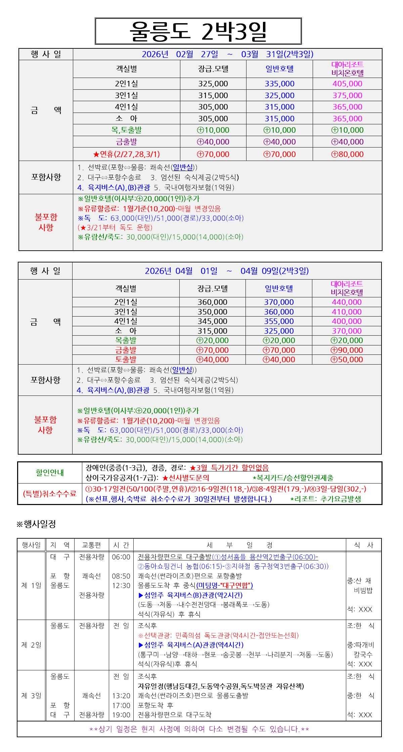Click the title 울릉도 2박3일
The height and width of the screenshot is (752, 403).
coord(198,31)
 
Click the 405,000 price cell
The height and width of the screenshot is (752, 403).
coord(347,84)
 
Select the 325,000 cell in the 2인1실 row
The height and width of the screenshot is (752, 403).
coord(213,84)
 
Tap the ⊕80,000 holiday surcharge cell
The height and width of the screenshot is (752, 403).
coord(347,154)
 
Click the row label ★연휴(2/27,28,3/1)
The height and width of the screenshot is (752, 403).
coord(126,154)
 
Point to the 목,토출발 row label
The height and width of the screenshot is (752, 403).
coord(126,130)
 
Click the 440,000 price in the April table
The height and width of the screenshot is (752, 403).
coord(347,302)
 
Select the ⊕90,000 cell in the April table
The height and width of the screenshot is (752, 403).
coord(347,350)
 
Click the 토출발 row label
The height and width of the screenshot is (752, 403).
coord(126,360)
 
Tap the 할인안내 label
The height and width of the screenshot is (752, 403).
coord(50,473)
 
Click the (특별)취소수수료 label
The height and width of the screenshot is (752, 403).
coord(50,494)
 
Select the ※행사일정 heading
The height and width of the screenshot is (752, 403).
coord(36,524)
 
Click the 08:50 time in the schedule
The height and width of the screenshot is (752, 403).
coord(121,576)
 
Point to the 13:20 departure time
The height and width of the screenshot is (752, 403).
coord(121,696)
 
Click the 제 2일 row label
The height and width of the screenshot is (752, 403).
coord(31,645)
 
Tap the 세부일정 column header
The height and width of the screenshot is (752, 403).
coord(239,545)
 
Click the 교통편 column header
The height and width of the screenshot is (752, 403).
coord(91,545)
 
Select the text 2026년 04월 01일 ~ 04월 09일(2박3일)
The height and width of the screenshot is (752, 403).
coord(227,271)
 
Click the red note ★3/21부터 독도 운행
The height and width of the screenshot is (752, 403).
coord(115,227)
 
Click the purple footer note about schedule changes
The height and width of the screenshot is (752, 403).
coord(199,729)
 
